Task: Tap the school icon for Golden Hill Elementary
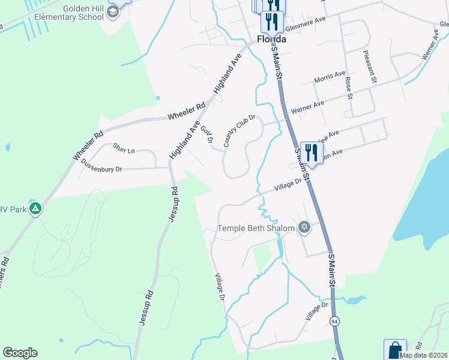coord(112,12)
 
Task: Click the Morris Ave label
coord(330,78)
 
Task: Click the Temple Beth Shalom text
coord(256,228)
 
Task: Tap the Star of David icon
coord(304,227)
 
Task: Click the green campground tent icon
coord(35,209)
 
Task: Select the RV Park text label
coord(13,209)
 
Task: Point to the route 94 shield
coord(334,321)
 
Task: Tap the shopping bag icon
coord(395,350)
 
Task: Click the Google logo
coord(20,353)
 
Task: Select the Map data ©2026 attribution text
coord(423,355)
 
